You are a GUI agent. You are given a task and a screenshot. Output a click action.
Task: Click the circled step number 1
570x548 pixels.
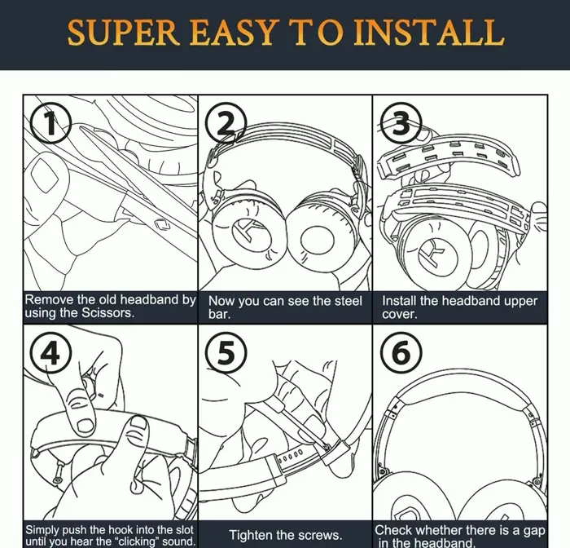pos(50,122)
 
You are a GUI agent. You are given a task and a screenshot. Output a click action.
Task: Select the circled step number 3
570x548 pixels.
pos(401,123)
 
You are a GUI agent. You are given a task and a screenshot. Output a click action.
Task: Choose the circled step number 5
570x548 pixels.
pos(226,352)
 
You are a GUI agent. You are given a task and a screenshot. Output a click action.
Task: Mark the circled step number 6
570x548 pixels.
pos(401,352)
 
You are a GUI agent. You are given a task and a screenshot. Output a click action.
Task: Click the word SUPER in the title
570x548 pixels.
pos(124,33)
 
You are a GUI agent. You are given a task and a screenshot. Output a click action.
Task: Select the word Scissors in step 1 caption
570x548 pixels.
pos(107,313)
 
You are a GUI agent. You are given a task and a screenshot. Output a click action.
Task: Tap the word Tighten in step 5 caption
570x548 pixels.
pos(251,535)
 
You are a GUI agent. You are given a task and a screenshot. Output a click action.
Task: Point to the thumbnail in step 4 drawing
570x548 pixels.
pos(85,425)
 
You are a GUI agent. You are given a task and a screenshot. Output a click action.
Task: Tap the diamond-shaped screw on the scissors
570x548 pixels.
pos(163,224)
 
